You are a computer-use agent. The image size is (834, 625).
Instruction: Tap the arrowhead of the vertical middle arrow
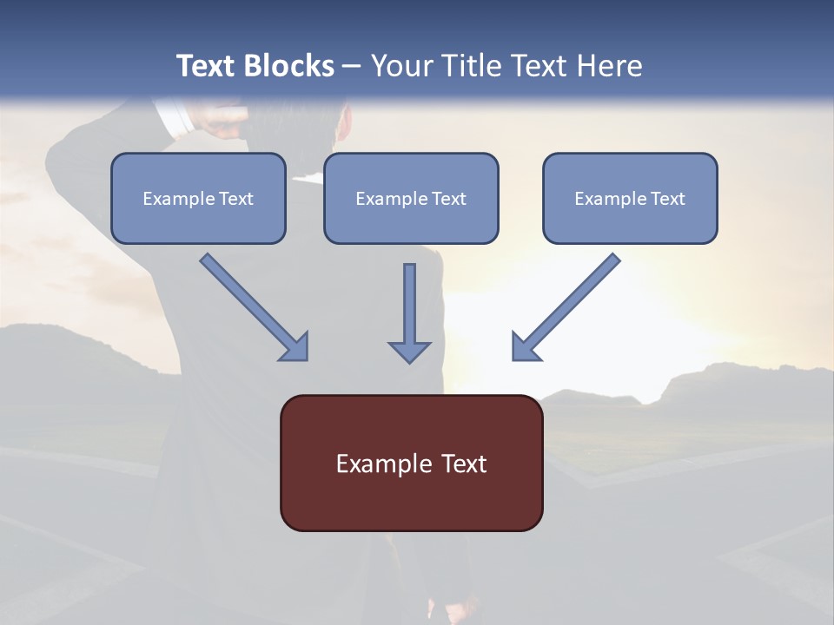coord(409,351)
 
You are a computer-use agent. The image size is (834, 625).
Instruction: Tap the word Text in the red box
coord(465,464)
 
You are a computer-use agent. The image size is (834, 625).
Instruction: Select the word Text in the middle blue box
coord(449,199)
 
